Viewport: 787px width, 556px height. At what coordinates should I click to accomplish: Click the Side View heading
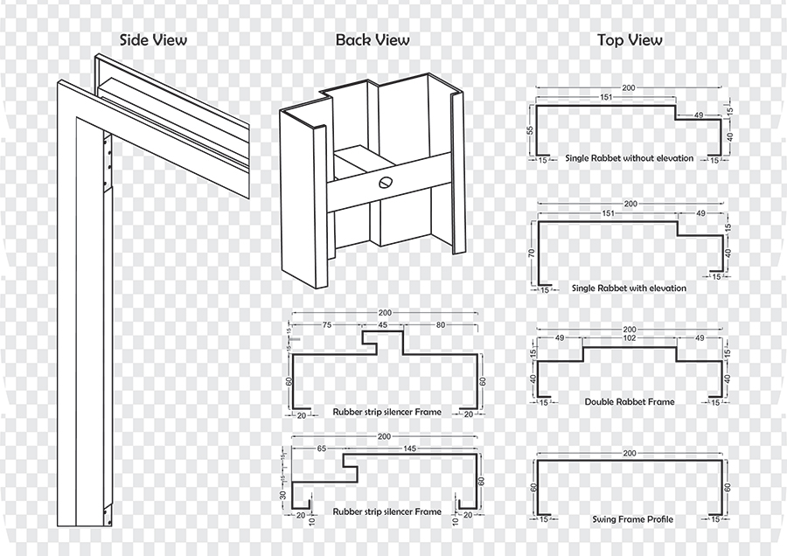(153, 39)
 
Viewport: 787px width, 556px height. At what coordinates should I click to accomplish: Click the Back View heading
(373, 39)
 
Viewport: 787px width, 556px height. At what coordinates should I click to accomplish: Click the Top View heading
(630, 39)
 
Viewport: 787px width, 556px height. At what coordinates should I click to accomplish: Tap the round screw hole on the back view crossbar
(386, 183)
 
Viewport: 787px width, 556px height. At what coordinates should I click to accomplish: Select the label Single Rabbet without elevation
(629, 158)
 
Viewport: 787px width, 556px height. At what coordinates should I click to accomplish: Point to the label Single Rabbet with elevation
(629, 288)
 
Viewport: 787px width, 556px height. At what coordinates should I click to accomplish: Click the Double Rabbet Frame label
(630, 401)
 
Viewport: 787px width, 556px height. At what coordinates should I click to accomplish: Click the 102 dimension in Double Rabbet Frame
(629, 338)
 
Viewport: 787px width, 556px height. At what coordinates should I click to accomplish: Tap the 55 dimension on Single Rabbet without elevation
(530, 130)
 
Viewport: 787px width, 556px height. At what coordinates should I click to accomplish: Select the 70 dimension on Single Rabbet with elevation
(530, 254)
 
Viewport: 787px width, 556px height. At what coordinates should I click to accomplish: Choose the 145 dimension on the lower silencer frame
(410, 448)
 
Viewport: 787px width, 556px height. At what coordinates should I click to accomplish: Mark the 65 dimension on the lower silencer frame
(321, 448)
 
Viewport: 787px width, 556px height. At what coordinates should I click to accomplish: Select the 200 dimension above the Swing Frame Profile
(629, 454)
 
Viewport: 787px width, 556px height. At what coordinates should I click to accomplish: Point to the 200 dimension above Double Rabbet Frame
(629, 330)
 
